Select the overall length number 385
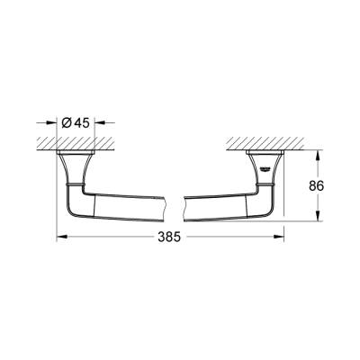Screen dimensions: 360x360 click(169, 238)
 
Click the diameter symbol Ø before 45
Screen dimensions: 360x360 click(72, 124)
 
